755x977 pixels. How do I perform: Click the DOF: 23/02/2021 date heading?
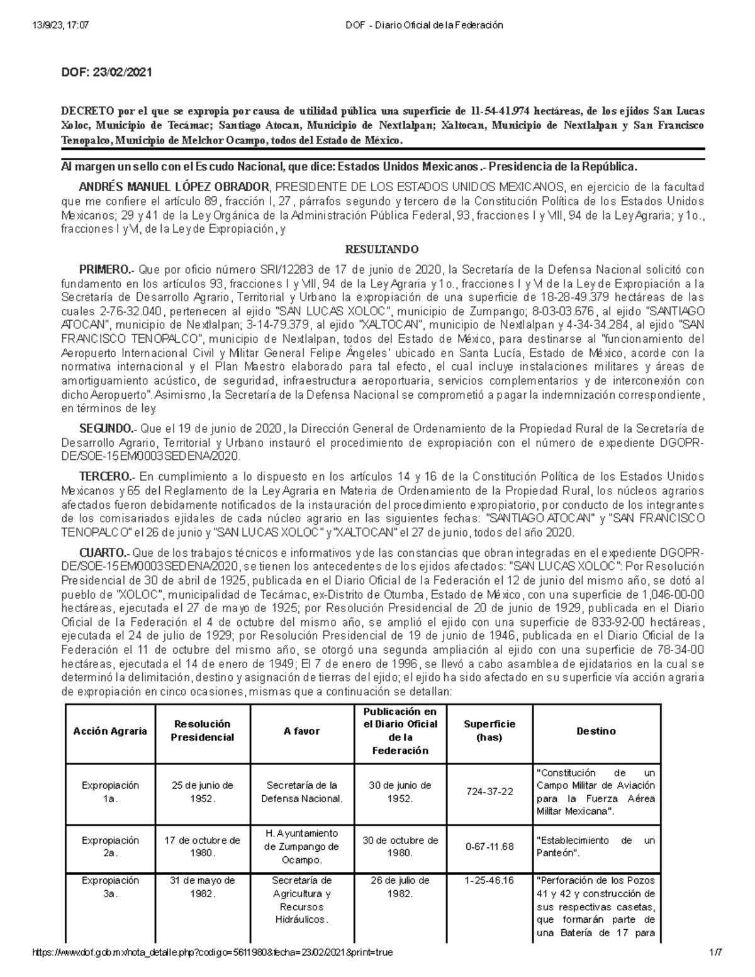click(106, 72)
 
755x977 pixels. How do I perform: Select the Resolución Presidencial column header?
click(203, 731)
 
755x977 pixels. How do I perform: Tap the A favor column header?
click(302, 731)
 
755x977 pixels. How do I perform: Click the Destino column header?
click(596, 731)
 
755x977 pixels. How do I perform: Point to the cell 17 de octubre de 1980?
click(203, 847)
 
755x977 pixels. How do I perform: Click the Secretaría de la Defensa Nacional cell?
click(302, 792)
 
